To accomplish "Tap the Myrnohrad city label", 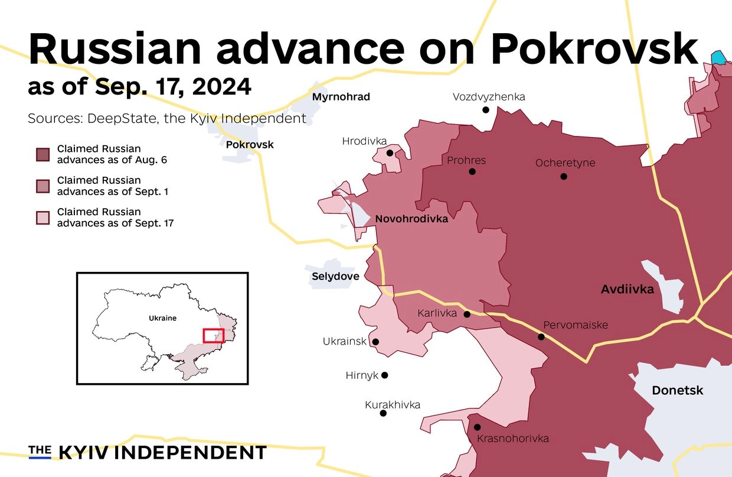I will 341,97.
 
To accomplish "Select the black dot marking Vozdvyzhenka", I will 486,109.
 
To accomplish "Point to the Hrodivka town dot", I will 390,153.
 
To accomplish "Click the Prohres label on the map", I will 466,160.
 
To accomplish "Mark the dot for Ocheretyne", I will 564,176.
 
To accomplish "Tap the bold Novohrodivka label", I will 411,219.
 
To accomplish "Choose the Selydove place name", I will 335,276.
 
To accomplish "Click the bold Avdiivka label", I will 627,290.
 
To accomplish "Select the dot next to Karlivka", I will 467,314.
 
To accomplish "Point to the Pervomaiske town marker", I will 541,337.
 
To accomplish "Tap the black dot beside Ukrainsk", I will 375,342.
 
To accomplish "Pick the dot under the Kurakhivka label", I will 383,413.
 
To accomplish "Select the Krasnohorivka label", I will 512,439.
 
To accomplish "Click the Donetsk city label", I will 677,391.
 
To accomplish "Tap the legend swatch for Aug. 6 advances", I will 43,154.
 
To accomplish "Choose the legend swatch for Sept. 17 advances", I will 43,217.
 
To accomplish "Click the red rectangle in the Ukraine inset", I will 213,335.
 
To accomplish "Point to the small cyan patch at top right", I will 718,57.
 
